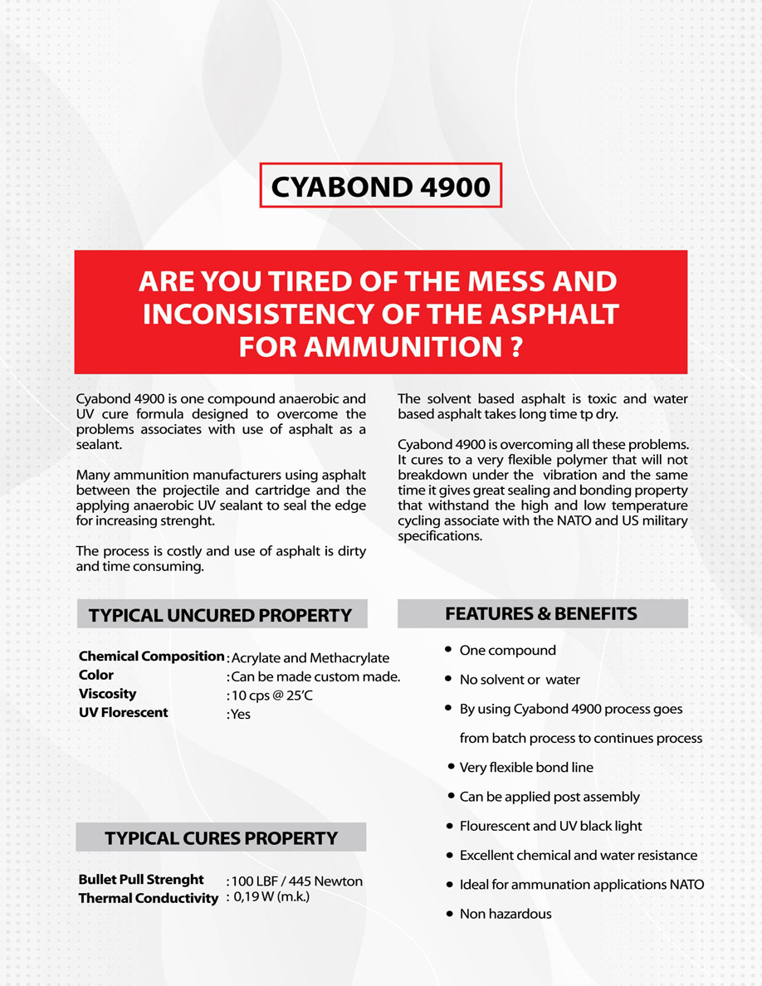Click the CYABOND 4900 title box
pyautogui.click(x=381, y=186)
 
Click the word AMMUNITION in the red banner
pyautogui.click(x=400, y=346)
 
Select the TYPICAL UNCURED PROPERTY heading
pyautogui.click(x=221, y=615)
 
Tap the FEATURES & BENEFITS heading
pyautogui.click(x=541, y=614)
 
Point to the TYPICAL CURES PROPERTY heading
pyautogui.click(x=221, y=838)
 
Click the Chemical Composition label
pyautogui.click(x=151, y=657)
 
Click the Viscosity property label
pyautogui.click(x=107, y=694)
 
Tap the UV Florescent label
pyautogui.click(x=123, y=712)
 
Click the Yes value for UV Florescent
pyautogui.click(x=241, y=714)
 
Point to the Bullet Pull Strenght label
pyautogui.click(x=141, y=879)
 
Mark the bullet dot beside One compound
pyautogui.click(x=449, y=650)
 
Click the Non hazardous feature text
pyautogui.click(x=506, y=914)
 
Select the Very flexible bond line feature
pyautogui.click(x=526, y=767)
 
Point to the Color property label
pyautogui.click(x=96, y=675)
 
